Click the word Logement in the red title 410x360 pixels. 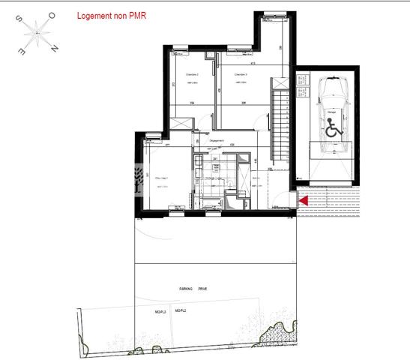(95, 15)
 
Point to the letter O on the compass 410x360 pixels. (52, 15)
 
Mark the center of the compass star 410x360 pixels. (36, 32)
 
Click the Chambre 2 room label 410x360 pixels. (181, 75)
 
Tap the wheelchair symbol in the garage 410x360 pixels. (334, 128)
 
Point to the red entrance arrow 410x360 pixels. (303, 200)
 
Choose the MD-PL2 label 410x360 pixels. (181, 310)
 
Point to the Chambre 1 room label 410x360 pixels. (162, 178)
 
